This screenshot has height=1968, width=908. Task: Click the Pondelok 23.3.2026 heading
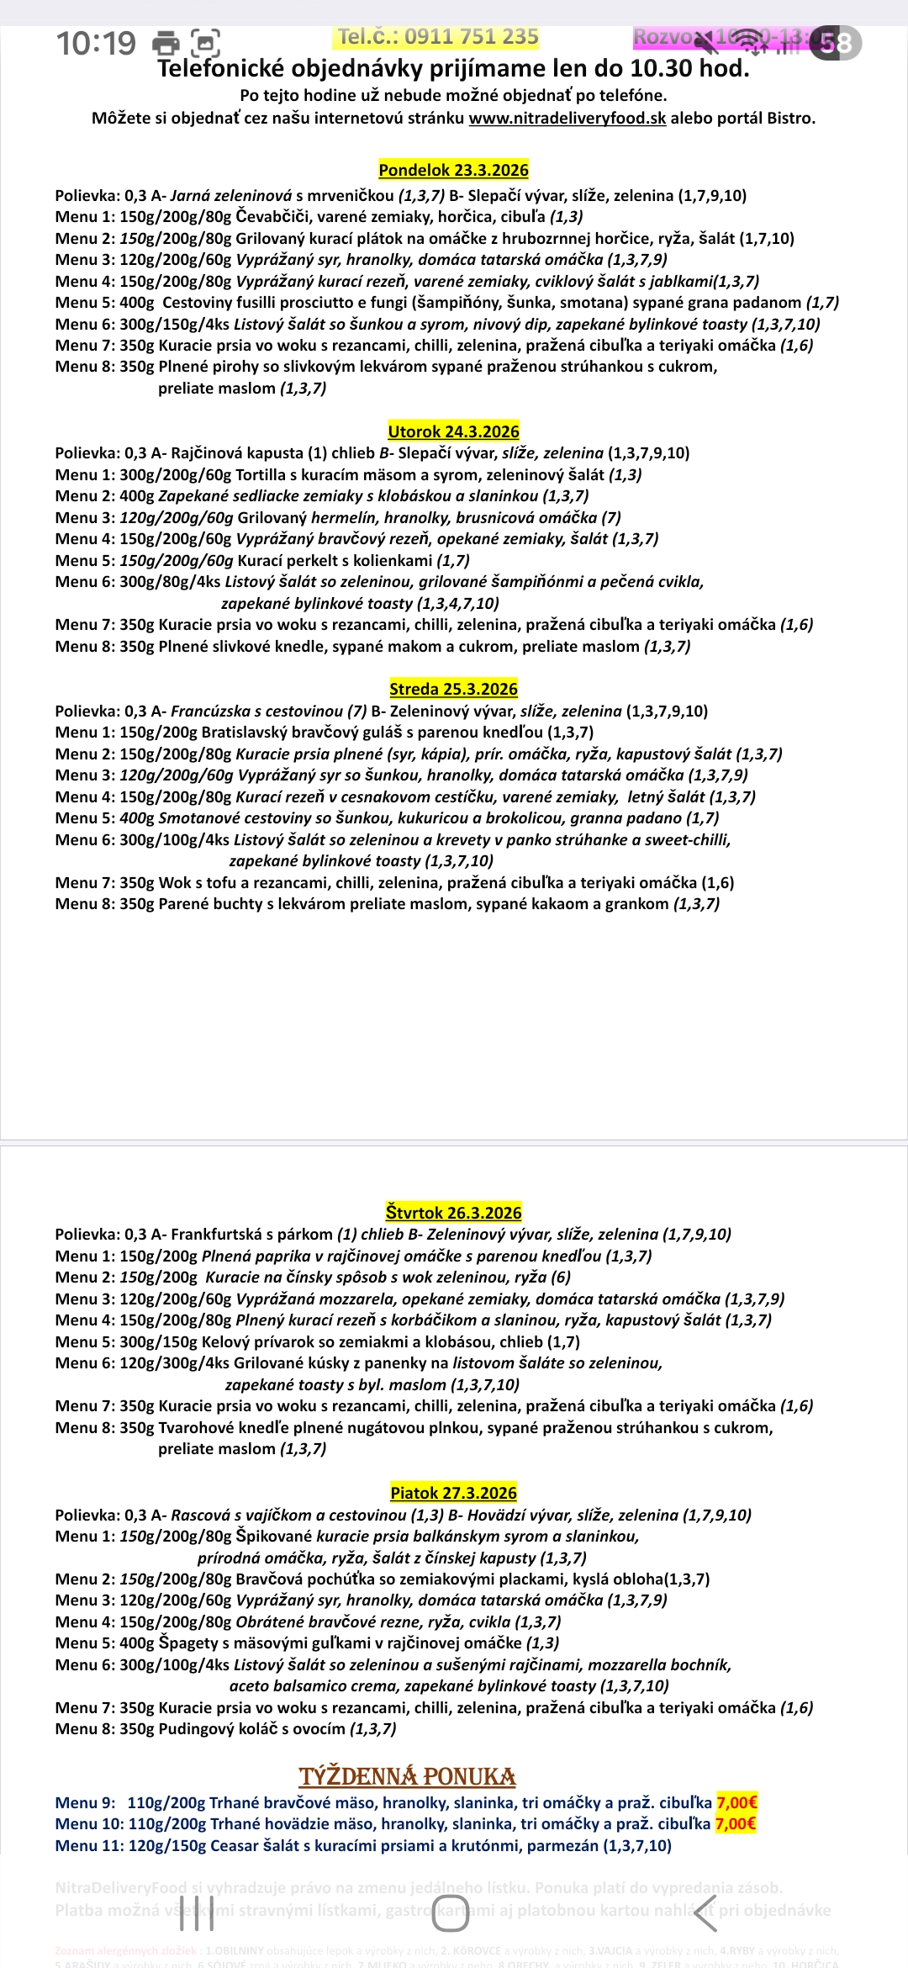pos(453,170)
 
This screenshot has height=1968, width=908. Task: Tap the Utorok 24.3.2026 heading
pos(453,431)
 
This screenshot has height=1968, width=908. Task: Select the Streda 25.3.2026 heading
pos(453,689)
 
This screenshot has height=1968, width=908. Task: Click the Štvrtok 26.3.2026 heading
pos(453,1213)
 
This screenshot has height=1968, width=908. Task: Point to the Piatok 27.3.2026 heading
pos(453,1493)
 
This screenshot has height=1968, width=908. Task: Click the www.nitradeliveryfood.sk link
pos(567,119)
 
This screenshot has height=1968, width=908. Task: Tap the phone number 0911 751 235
pos(471,37)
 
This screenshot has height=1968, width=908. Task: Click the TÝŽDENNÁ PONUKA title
pos(407,1776)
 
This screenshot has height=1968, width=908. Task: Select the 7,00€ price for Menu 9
pos(736,1802)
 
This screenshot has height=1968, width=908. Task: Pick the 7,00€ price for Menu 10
pos(736,1823)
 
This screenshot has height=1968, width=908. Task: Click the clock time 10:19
pos(96,43)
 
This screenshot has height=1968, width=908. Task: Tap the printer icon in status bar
pos(166,43)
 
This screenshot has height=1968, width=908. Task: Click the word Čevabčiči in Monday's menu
pos(272,217)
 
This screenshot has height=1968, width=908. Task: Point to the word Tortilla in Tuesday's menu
pos(260,475)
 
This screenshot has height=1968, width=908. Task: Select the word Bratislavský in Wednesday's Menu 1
pos(245,733)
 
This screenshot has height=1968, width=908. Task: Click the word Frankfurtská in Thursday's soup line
pos(217,1235)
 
